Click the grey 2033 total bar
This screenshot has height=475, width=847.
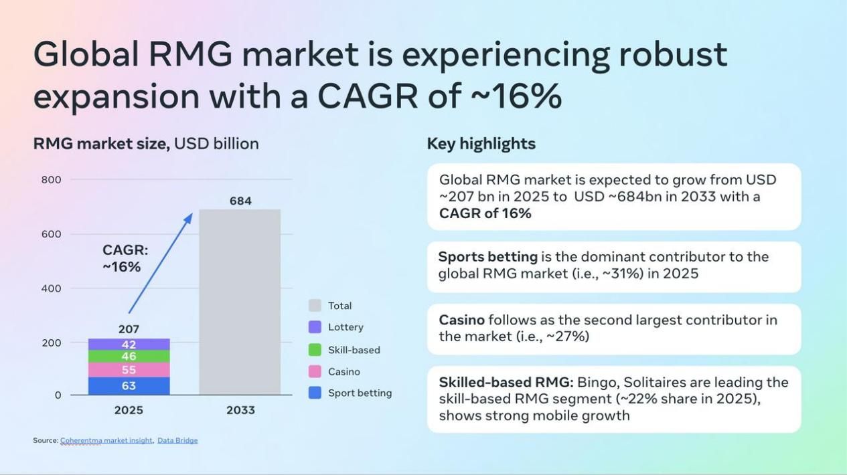240,302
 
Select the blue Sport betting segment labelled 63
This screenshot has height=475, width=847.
129,386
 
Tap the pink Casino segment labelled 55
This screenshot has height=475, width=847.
129,370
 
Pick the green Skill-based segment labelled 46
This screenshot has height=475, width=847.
129,357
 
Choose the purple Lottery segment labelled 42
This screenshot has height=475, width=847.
129,345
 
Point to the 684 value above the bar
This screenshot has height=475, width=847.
240,201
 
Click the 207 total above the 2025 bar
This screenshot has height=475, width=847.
129,329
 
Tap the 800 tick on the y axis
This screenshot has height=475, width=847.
52,180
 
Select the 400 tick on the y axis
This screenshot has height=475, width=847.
52,289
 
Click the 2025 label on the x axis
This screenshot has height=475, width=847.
129,410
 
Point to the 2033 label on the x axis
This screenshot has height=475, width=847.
240,410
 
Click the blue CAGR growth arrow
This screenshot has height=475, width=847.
161,264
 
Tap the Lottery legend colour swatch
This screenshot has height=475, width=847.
315,327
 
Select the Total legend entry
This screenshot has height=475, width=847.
330,306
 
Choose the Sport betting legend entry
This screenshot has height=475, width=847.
350,393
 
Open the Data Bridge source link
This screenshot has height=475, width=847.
177,441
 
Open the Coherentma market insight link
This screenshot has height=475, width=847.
106,441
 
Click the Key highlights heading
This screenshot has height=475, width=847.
481,144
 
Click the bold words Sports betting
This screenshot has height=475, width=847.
488,257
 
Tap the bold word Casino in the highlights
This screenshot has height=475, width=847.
462,320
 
